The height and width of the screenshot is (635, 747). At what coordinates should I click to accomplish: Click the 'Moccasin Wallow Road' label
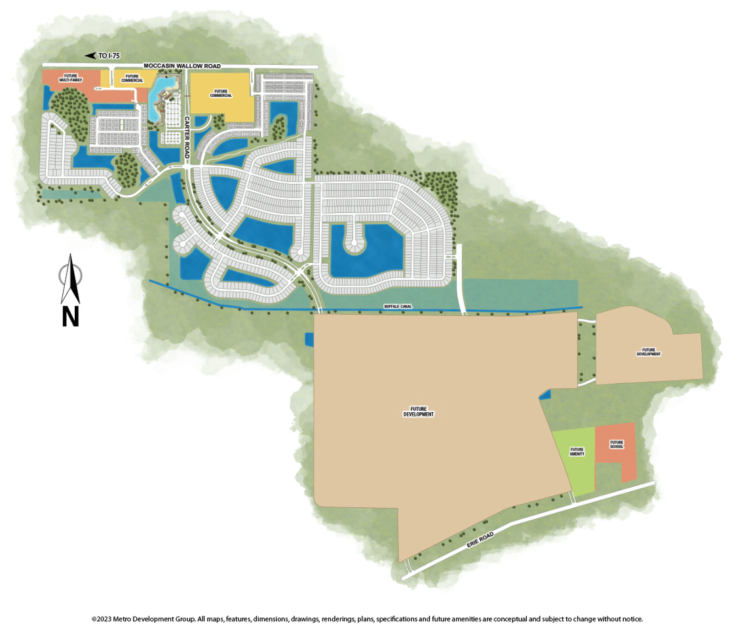click(x=182, y=66)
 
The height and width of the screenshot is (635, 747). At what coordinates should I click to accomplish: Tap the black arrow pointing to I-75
click(x=90, y=56)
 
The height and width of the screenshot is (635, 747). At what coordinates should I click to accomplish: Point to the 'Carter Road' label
click(x=187, y=138)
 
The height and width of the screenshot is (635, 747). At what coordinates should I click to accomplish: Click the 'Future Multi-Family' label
click(x=71, y=78)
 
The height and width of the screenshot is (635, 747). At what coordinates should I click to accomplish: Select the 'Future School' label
click(x=617, y=444)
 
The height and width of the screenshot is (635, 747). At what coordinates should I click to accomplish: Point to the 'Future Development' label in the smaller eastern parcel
click(x=649, y=353)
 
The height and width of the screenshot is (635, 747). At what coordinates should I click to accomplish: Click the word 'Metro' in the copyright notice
click(x=125, y=619)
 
